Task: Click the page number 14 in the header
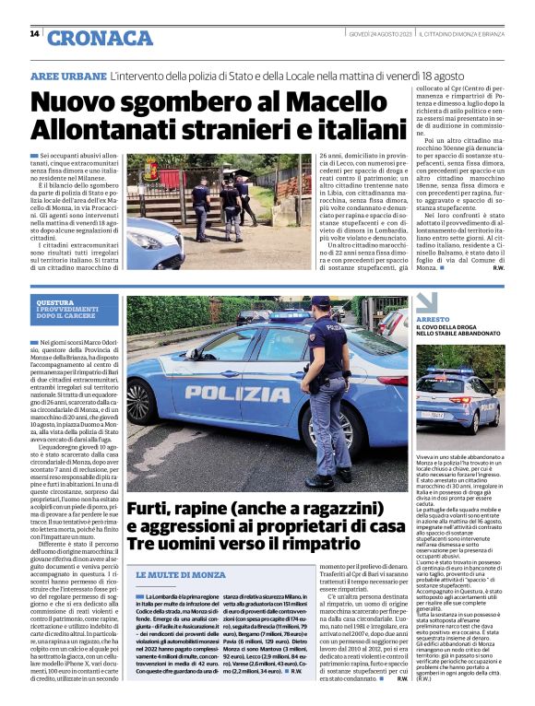34,34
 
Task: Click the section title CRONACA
87,38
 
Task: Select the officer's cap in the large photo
321,302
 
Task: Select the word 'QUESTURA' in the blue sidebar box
54,303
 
